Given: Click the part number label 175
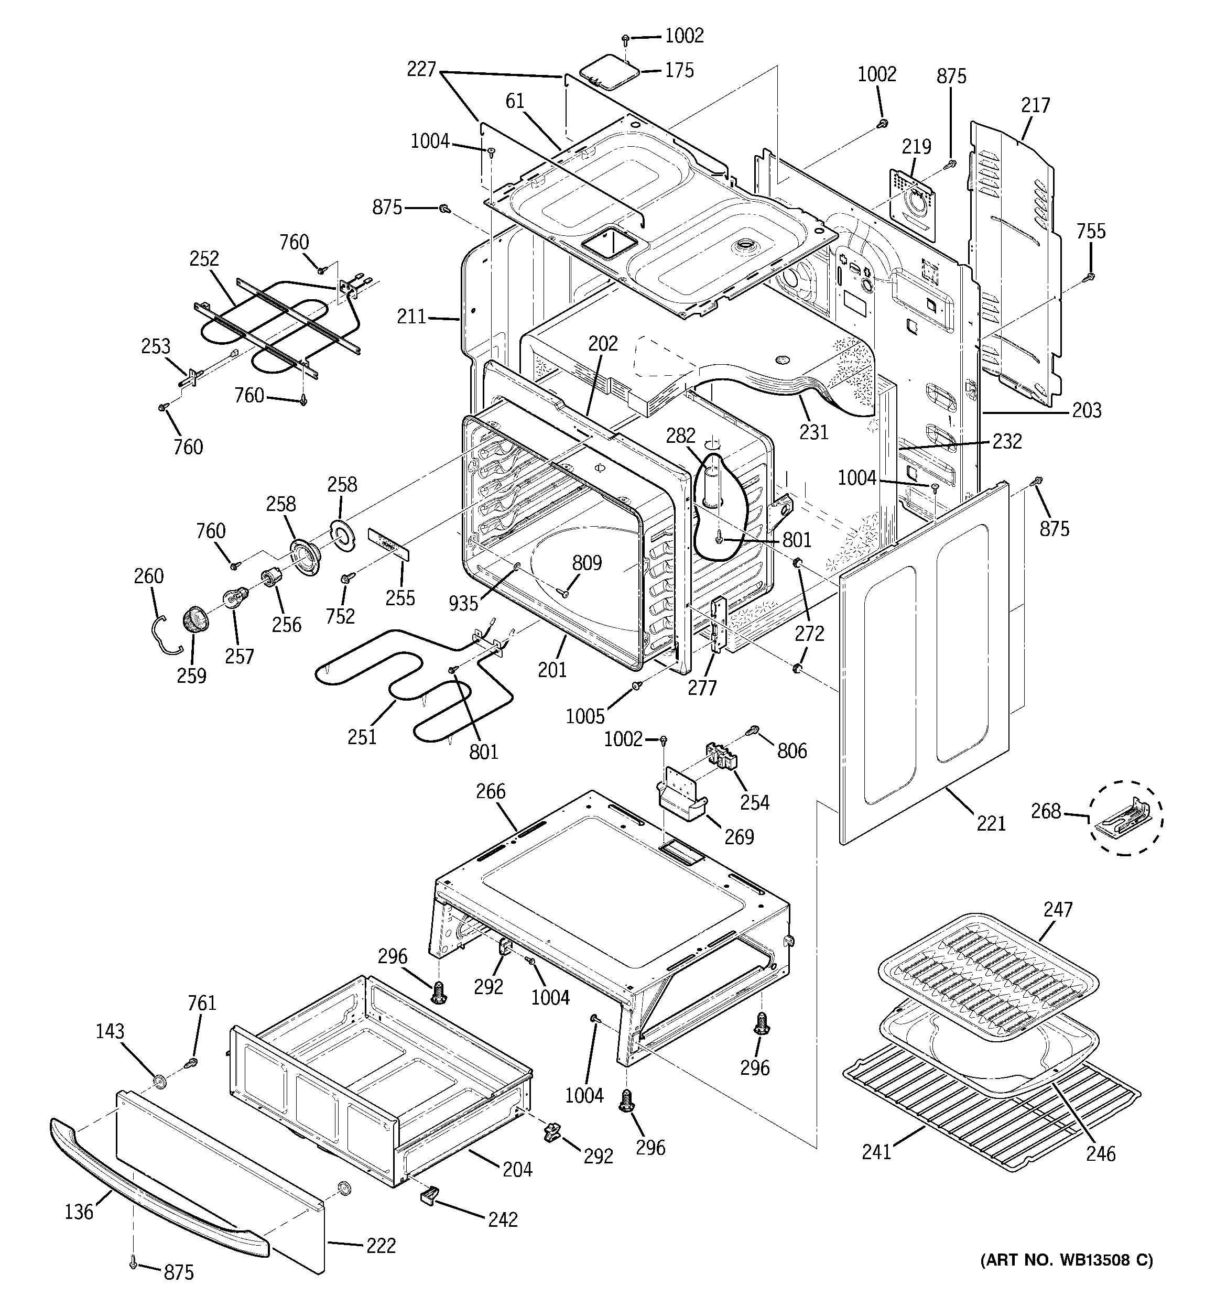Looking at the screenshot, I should (679, 70).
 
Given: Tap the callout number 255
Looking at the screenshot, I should (400, 597).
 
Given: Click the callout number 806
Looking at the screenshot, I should (792, 751).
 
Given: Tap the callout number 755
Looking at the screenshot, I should (1091, 232).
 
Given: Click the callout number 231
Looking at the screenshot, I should (814, 432).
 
